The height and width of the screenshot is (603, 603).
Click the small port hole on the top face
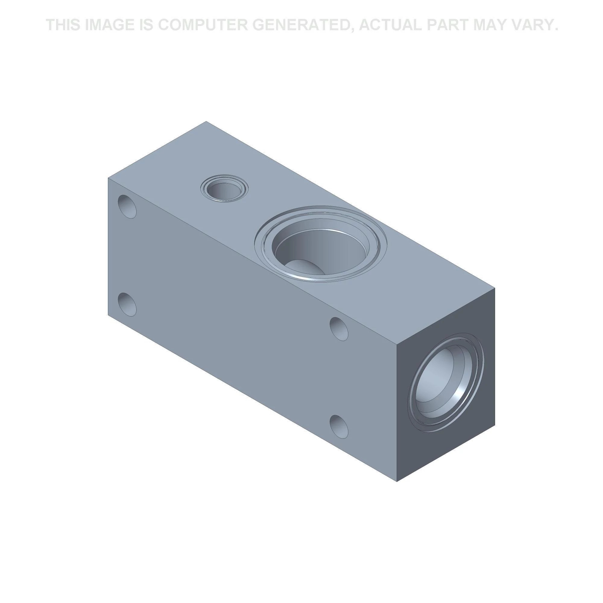(224, 188)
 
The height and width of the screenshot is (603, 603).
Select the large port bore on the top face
(321, 244)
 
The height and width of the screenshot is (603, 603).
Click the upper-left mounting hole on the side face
(127, 207)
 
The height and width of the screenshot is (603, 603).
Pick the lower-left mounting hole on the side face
(127, 304)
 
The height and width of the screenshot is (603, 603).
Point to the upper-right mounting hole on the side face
(339, 329)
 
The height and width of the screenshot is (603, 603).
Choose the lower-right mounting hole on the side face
(339, 426)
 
